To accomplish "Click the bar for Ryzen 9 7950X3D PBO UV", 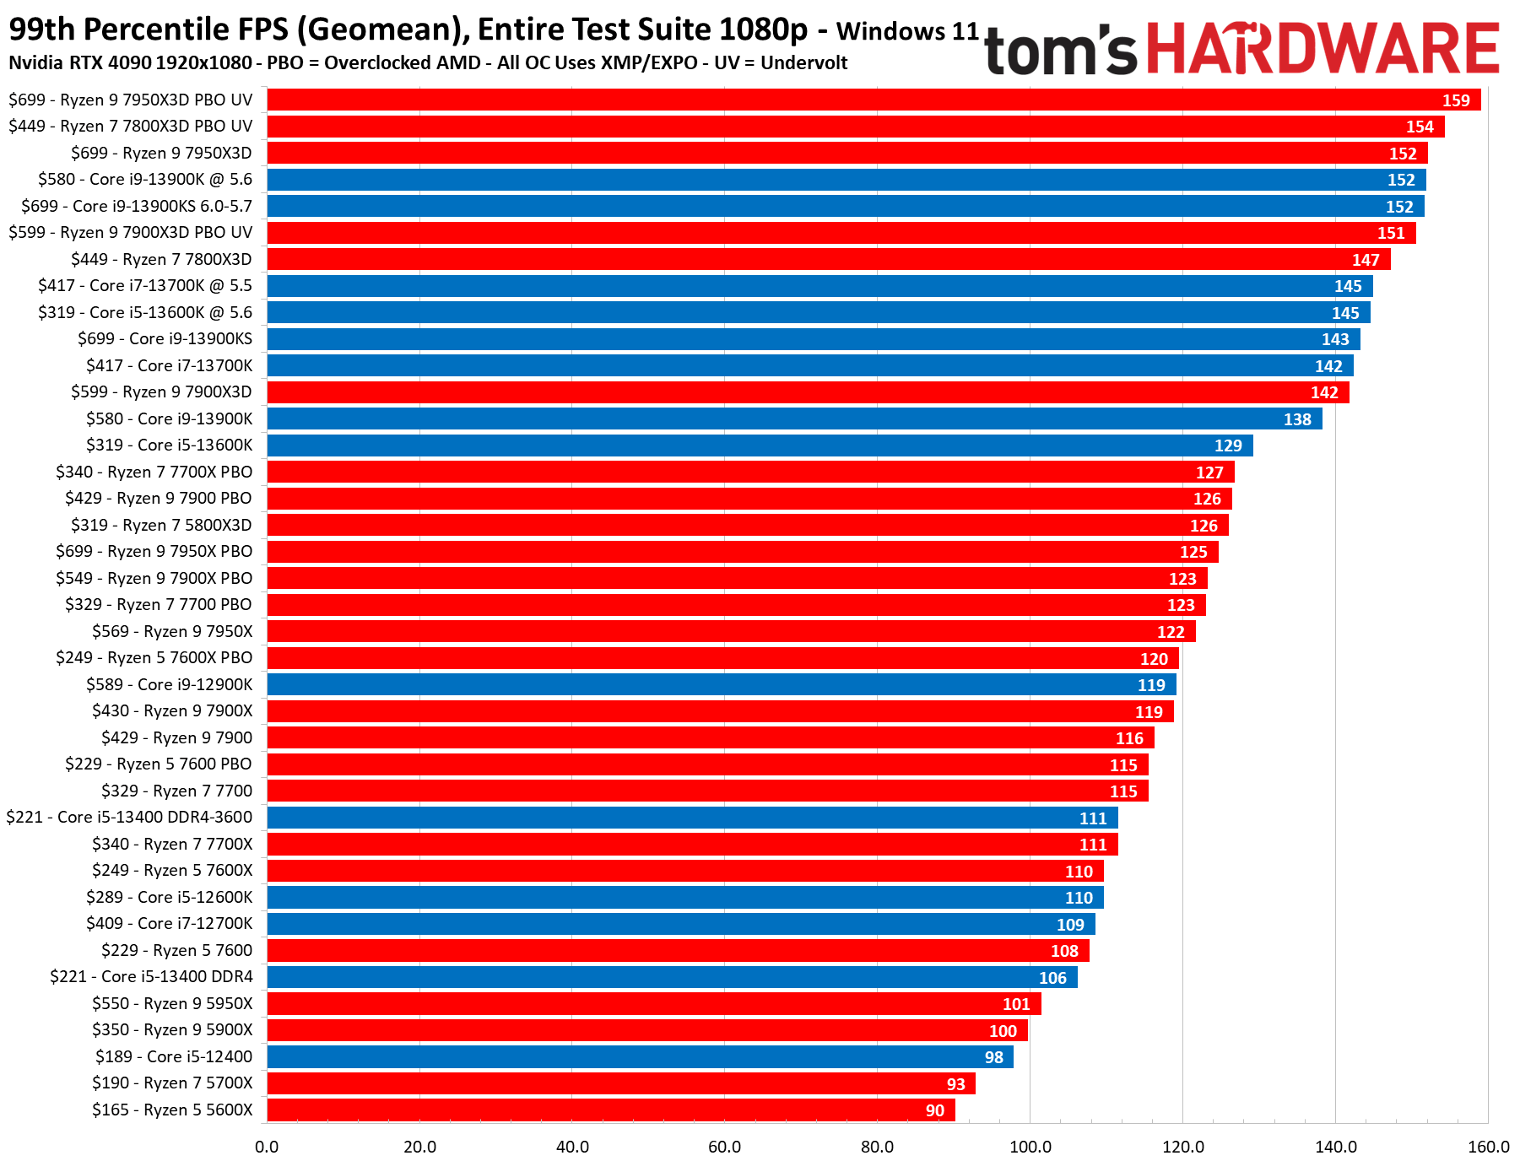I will tap(874, 100).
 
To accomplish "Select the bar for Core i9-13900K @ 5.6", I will tap(847, 180).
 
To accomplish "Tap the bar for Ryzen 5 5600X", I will tap(611, 1110).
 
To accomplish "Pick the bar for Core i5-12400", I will tap(640, 1057).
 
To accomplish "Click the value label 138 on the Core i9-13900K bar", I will tap(1297, 419).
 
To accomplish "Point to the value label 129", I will tap(1228, 445).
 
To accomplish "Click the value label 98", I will tap(994, 1057).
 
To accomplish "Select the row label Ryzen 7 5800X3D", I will tap(161, 525).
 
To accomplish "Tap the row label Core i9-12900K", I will tap(169, 684).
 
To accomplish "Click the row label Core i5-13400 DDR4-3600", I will tap(129, 817).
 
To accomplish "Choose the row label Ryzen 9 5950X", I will tap(172, 1003).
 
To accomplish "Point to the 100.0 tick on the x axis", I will tap(1030, 1147).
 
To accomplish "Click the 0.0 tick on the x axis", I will tap(267, 1147).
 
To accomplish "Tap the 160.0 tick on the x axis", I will tap(1488, 1147).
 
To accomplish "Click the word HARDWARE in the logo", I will tap(1322, 49).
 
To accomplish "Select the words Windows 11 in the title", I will tap(907, 32).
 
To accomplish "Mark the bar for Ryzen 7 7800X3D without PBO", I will tap(829, 259).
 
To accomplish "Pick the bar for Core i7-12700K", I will tap(681, 924).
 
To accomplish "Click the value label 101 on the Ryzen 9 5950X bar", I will tap(1016, 1004).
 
